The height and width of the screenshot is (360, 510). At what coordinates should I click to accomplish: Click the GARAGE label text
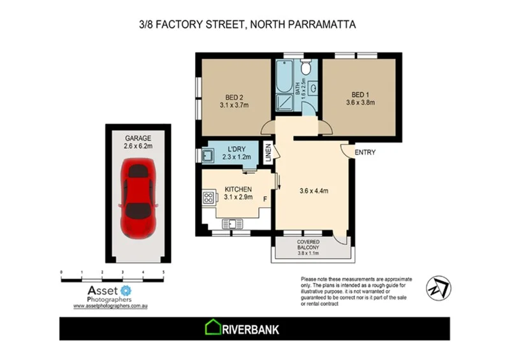[138, 137]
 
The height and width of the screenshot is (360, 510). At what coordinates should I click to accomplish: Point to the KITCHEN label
[239, 189]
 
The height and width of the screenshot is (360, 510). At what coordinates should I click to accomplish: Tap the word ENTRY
[366, 152]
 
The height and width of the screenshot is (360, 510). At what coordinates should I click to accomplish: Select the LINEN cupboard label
[268, 155]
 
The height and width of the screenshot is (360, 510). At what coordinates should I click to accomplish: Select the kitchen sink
[230, 224]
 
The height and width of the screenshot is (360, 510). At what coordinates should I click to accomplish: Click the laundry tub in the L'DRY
[207, 155]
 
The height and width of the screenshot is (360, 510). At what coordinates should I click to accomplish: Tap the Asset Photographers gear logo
[126, 291]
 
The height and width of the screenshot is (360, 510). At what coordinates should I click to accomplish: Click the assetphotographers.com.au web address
[111, 306]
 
